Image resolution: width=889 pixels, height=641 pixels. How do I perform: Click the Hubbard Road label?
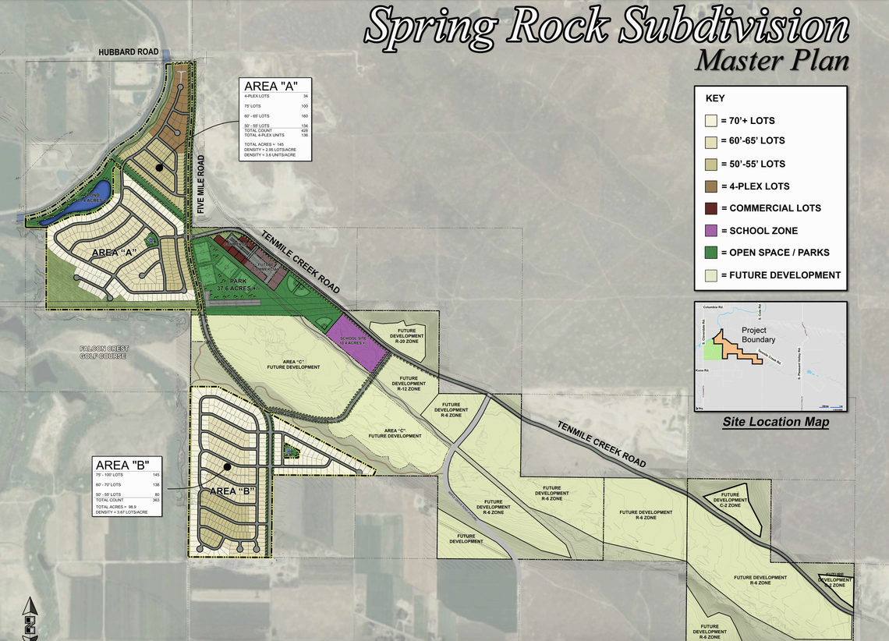click(129, 52)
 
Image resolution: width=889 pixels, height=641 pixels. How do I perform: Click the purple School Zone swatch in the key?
click(711, 231)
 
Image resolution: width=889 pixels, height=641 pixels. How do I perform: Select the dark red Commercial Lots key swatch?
click(711, 208)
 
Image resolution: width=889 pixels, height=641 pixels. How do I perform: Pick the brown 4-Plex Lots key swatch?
click(711, 186)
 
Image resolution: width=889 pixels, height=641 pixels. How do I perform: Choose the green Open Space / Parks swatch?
click(711, 253)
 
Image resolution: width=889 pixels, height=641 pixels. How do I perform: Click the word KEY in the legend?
click(715, 98)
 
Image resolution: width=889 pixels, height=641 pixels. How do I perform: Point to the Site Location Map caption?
click(775, 422)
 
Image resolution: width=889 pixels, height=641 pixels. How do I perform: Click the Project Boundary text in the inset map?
click(759, 335)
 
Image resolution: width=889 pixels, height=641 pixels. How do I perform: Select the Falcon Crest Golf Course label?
click(104, 352)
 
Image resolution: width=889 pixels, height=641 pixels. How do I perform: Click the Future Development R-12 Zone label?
click(409, 384)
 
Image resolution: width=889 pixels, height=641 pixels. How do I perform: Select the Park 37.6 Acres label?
click(236, 285)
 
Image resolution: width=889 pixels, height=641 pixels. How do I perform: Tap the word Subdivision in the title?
click(734, 27)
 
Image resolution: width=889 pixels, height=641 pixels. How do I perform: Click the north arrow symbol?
click(30, 616)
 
